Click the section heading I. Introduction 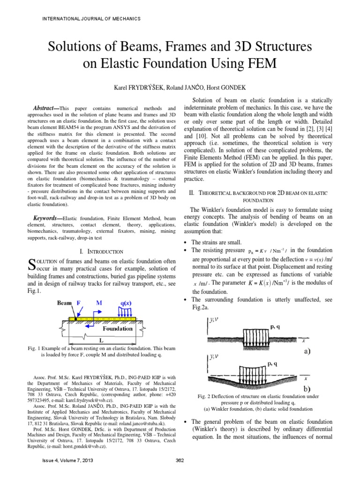(102, 252)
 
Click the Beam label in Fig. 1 (64, 303)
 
